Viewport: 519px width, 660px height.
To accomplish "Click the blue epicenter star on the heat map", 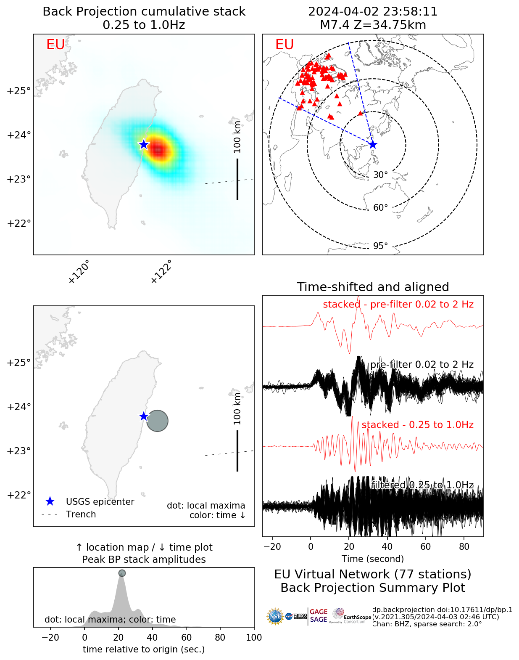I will coord(144,144).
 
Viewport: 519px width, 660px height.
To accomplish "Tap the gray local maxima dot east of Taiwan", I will coord(157,421).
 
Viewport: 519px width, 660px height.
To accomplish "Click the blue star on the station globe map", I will coord(373,145).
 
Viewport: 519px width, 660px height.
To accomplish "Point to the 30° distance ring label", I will coord(380,175).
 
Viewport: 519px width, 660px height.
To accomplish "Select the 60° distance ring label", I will coord(380,208).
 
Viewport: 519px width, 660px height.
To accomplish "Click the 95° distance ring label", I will coord(380,246).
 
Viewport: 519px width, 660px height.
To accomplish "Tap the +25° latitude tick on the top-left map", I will coord(19,91).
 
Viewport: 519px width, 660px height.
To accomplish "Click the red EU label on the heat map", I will coord(55,45).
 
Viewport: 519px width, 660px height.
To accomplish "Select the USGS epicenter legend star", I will coord(50,501).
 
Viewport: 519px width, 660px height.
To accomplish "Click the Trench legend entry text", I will coord(81,514).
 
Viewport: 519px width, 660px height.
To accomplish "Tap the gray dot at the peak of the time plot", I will coord(122,573).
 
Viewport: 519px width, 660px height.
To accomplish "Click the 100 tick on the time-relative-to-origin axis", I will coord(254,638).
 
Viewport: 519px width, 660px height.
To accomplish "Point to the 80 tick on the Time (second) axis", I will coord(464,546).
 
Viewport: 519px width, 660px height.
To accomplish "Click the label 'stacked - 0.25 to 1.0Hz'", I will coord(417,425).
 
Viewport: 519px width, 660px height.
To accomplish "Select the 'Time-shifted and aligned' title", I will coord(373,287).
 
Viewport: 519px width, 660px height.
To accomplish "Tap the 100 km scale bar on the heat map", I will coord(237,179).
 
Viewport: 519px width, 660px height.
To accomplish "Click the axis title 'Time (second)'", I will coord(373,559).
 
